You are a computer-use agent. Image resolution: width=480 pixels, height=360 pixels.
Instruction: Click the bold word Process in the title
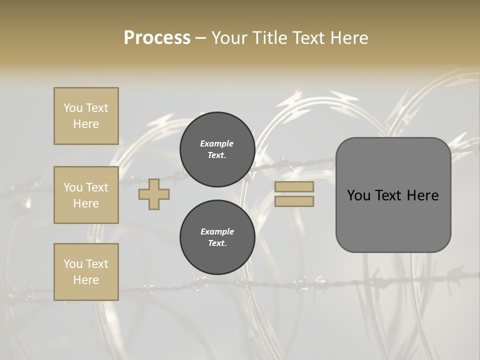point(157,38)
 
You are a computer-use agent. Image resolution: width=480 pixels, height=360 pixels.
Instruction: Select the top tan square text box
point(86,116)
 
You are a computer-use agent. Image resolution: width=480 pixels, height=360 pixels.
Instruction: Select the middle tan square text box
point(86,195)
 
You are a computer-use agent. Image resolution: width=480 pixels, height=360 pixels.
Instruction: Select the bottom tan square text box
point(86,272)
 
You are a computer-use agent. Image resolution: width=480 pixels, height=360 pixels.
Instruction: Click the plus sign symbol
point(154,194)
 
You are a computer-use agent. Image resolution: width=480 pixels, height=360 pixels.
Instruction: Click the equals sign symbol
point(294,194)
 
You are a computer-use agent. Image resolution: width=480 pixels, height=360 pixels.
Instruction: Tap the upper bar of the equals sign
point(294,186)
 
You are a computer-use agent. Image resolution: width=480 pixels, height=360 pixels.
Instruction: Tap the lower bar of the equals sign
point(294,201)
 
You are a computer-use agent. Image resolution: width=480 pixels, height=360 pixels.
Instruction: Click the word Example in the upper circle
point(217,143)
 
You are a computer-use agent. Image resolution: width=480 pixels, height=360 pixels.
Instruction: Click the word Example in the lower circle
point(217,231)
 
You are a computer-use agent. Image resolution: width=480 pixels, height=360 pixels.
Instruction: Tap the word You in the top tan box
point(72,108)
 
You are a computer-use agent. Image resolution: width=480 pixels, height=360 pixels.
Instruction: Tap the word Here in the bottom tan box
point(86,280)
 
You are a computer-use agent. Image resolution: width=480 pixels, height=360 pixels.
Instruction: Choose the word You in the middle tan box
point(72,187)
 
